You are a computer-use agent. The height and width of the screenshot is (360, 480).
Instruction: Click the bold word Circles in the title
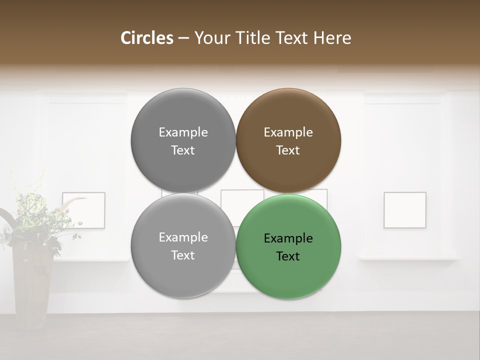point(147,38)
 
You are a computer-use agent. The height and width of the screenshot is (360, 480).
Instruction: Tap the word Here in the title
point(332,38)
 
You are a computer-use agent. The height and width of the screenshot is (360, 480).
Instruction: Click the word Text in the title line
point(292,38)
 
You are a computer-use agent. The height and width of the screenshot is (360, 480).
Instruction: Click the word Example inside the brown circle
point(288,132)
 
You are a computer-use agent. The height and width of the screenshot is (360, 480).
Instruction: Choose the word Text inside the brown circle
point(288,150)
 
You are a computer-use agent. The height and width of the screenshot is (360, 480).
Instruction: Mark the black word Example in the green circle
point(288,238)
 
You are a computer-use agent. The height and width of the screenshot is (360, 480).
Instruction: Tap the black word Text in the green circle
point(288,256)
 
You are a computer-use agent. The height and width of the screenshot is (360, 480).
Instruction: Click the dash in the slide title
point(183,38)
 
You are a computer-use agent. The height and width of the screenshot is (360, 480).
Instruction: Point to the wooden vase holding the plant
point(33,285)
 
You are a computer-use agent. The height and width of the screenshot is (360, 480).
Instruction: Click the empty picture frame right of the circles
point(405,210)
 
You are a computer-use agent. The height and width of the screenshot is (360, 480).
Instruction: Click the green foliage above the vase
point(30,220)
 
